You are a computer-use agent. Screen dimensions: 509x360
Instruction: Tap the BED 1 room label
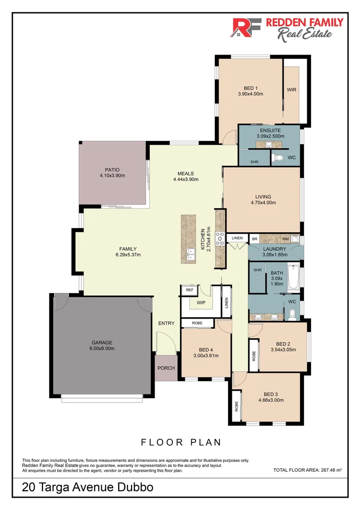[250, 88]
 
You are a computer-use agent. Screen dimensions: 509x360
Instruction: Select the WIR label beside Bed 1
[291, 90]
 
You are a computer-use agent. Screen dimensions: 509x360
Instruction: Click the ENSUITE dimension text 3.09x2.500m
[270, 136]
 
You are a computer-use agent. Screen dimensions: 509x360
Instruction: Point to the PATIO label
[112, 170]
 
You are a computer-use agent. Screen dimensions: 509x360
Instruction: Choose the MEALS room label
[186, 173]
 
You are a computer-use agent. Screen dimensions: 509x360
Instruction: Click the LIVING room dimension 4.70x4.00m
[263, 203]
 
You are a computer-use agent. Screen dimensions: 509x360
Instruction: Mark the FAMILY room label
[128, 249]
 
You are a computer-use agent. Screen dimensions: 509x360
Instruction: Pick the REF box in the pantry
[190, 290]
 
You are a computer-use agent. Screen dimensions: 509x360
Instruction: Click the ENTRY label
[166, 323]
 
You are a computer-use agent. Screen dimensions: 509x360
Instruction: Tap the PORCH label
[166, 368]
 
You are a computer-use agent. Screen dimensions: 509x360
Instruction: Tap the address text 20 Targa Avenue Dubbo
[88, 487]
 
